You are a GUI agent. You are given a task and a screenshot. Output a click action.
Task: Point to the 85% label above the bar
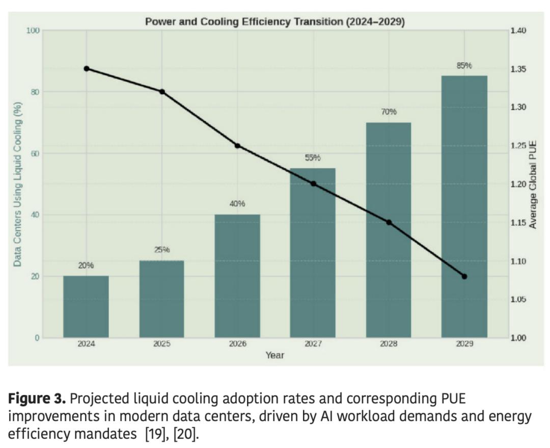[464, 66]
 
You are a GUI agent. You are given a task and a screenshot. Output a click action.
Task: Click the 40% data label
[237, 204]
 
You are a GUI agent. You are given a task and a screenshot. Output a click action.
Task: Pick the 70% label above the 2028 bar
[389, 112]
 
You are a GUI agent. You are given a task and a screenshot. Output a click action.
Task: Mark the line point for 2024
[87, 69]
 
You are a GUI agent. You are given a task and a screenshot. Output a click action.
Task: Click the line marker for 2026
[237, 146]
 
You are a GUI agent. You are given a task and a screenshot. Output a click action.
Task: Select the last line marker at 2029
[464, 276]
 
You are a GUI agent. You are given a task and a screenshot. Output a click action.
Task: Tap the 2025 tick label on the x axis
[162, 344]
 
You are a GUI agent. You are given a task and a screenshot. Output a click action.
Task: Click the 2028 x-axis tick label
[389, 344]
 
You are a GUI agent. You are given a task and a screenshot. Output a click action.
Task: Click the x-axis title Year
[275, 355]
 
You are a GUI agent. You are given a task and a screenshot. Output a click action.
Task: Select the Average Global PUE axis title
[533, 184]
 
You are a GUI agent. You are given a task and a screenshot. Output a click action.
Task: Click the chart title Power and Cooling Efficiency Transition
[275, 22]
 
